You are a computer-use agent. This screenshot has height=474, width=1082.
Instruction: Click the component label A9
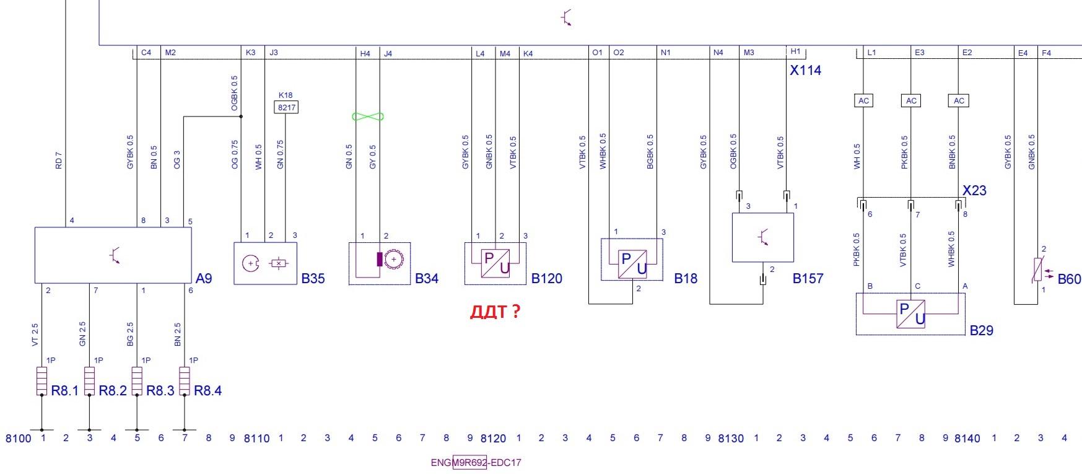tap(204, 278)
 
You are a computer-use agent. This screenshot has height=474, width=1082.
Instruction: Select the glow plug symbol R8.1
tap(41, 380)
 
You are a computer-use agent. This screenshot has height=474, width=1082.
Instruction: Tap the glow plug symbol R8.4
tap(185, 380)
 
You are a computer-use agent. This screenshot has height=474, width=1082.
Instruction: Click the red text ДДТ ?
tap(495, 312)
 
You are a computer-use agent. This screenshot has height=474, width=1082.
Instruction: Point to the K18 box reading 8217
tap(286, 107)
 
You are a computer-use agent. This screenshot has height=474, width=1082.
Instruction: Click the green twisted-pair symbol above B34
tap(368, 116)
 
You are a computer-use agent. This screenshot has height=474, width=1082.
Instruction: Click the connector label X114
tap(805, 71)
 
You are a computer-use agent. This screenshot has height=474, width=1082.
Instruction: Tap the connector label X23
tap(974, 191)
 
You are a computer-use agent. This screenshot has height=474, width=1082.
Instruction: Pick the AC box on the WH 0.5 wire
tap(863, 100)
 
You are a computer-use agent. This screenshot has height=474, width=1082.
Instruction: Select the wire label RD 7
tap(59, 160)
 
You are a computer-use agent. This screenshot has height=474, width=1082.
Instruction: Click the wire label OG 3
tap(177, 159)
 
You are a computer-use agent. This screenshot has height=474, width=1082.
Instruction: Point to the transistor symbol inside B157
tap(763, 237)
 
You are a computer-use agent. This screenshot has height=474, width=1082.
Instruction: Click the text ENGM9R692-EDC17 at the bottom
tap(476, 462)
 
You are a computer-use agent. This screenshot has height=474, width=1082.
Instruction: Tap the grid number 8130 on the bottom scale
tap(730, 439)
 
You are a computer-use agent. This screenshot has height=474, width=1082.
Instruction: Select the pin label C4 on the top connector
tap(146, 53)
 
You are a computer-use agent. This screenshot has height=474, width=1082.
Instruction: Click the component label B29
tap(981, 330)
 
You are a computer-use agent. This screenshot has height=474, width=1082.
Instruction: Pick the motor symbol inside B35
tap(250, 263)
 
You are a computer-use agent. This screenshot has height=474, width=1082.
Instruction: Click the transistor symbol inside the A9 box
tap(114, 254)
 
